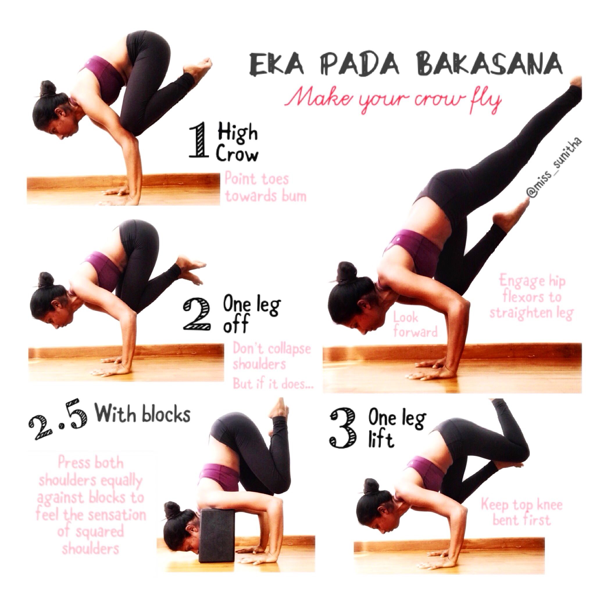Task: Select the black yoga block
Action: click(x=216, y=535)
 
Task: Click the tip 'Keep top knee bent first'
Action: click(x=521, y=513)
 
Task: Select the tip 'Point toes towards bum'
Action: click(x=265, y=187)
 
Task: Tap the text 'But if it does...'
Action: click(x=273, y=384)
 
